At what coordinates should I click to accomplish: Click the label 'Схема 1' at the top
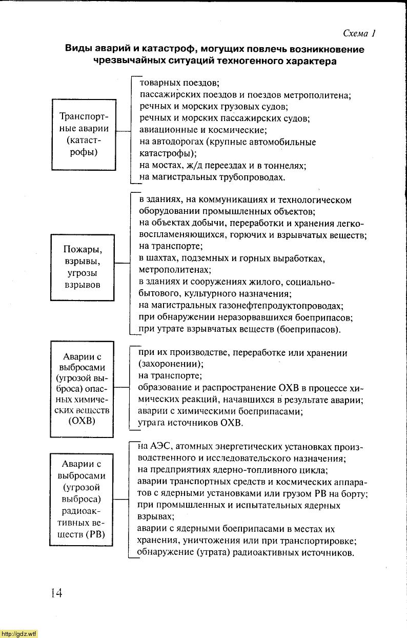(359, 34)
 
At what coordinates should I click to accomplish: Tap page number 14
(56, 593)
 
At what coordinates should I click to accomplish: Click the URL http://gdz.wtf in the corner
(18, 634)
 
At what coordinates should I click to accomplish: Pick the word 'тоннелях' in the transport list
(288, 166)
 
